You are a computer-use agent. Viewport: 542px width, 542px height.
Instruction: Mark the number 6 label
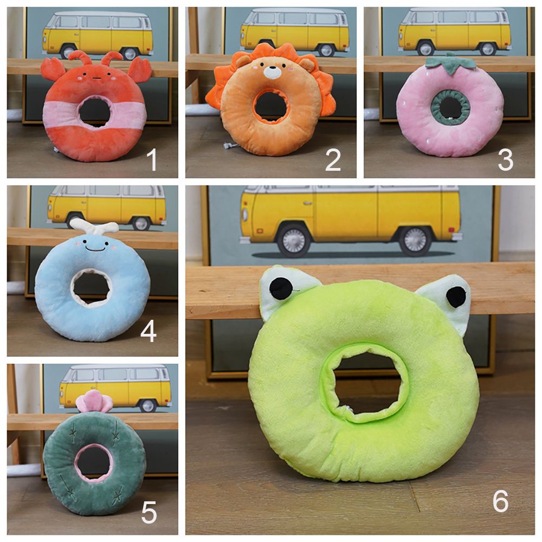coord(500,501)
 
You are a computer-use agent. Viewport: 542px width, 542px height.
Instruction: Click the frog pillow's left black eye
coord(280,288)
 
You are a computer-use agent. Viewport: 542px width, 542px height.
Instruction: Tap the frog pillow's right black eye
coord(456,297)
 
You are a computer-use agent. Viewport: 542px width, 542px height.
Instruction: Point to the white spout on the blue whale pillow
coord(94,227)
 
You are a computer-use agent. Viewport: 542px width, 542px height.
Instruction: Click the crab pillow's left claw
coord(53,69)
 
